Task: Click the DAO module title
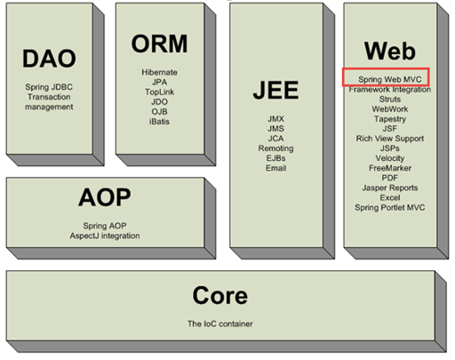coord(49,59)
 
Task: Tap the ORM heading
coord(159,44)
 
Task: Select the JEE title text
coord(275,90)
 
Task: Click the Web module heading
coord(390,51)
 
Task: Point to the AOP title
coord(105,197)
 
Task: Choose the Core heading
coord(220,295)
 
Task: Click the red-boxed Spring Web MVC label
coord(390,79)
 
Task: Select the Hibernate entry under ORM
coord(159,72)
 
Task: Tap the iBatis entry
coord(159,122)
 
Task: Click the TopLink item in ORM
coord(159,92)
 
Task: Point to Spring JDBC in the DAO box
coord(49,87)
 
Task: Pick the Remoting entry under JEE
coord(275,148)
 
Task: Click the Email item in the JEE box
coord(275,168)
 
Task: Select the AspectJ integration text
coord(105,236)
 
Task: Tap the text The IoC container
coord(220,324)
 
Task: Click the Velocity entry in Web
coord(390,158)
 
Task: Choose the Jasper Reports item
coord(390,188)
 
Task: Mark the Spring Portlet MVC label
coord(390,208)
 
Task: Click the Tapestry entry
coord(390,119)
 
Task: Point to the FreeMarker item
coord(390,168)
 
